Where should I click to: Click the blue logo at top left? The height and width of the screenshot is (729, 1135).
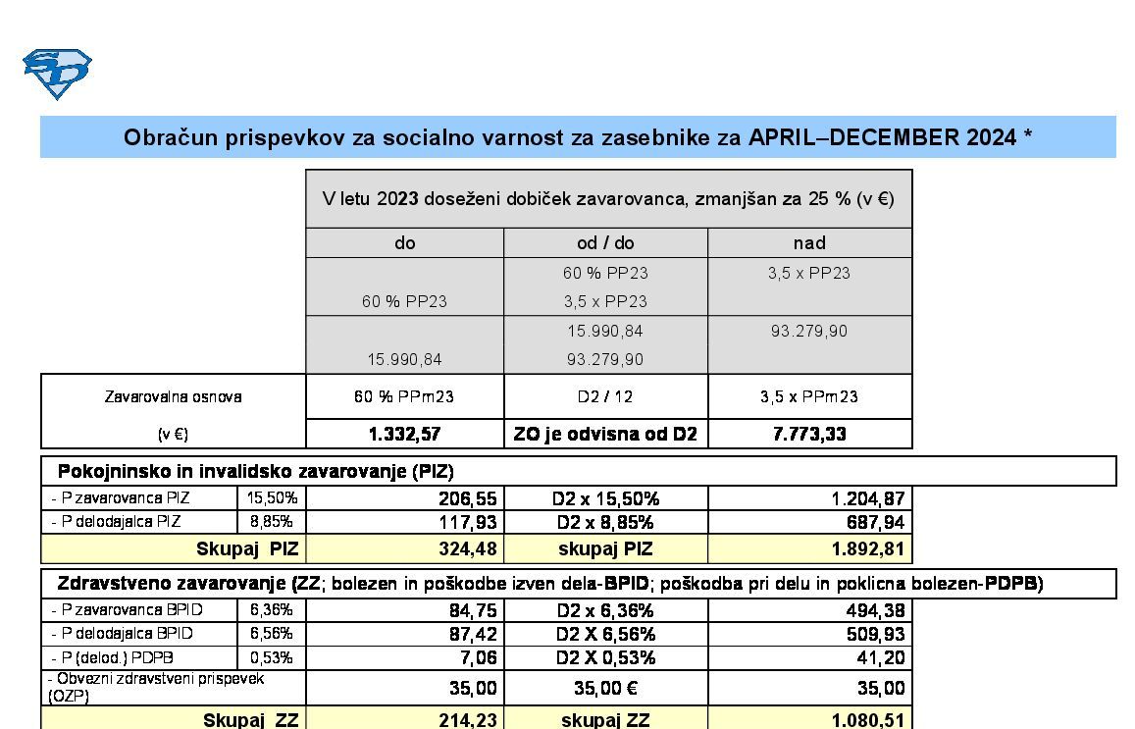(x=57, y=74)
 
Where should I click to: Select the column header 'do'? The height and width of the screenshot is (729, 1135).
(x=404, y=242)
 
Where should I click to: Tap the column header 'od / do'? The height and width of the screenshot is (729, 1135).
(x=605, y=242)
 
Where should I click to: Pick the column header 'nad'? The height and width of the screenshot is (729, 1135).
(x=809, y=242)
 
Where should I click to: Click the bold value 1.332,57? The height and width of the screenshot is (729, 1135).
(x=404, y=434)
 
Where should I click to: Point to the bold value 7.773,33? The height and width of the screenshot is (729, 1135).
(x=809, y=434)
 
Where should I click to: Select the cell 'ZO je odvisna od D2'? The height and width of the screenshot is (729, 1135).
(x=605, y=434)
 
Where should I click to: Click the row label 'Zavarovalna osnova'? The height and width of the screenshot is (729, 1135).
(x=173, y=397)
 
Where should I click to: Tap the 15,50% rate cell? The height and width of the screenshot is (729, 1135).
(x=272, y=498)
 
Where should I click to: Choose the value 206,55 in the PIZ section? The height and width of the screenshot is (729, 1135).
(x=467, y=498)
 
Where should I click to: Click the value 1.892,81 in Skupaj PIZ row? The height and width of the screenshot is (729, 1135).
(x=867, y=548)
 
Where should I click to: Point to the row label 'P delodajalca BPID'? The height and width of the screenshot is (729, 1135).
(x=123, y=634)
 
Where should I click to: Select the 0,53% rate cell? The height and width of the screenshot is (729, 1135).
(x=272, y=657)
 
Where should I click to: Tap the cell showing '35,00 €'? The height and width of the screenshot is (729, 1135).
(x=605, y=688)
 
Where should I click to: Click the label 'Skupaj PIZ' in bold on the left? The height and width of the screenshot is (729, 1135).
(x=247, y=548)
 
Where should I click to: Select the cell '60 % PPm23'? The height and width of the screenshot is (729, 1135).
(x=404, y=397)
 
